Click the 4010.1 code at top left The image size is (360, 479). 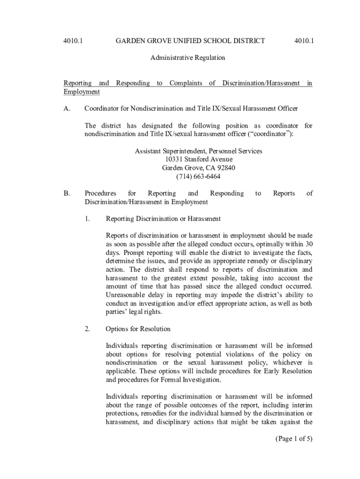[73, 41]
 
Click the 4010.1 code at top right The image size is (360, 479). [304, 41]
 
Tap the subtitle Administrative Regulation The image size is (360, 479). [187, 58]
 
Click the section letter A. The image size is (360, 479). [67, 109]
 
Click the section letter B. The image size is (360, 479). [67, 193]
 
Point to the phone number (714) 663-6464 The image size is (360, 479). [198, 176]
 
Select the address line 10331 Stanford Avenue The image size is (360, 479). [198, 160]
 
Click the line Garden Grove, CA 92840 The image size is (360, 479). [198, 168]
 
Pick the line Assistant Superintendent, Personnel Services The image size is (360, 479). [198, 151]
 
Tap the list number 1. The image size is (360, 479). [87, 218]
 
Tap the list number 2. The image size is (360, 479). [87, 329]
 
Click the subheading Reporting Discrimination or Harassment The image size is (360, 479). [163, 218]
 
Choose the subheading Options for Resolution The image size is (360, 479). [138, 329]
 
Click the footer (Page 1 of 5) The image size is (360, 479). [287, 438]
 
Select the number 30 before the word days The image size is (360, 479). [308, 244]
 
